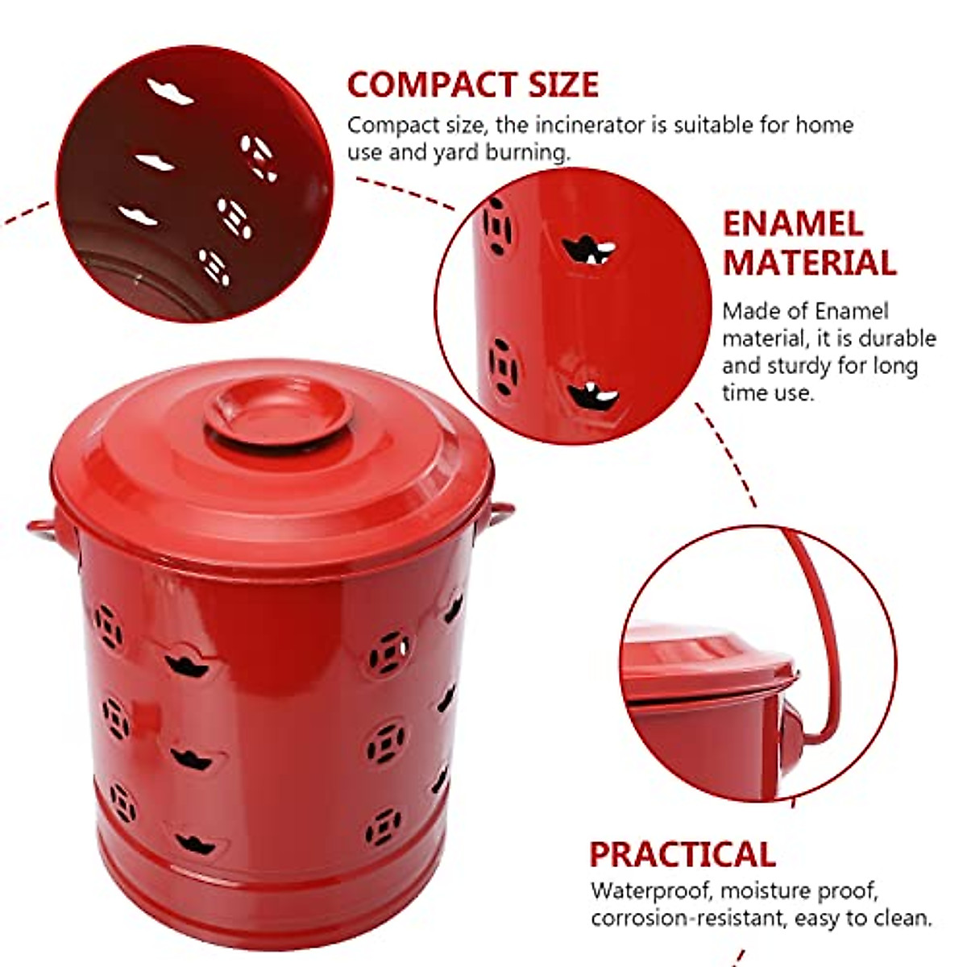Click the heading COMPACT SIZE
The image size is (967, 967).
[x=473, y=85]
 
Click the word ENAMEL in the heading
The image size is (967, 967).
[x=792, y=224]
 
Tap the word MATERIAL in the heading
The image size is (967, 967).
[x=809, y=264]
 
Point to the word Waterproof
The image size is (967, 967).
[x=650, y=891]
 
